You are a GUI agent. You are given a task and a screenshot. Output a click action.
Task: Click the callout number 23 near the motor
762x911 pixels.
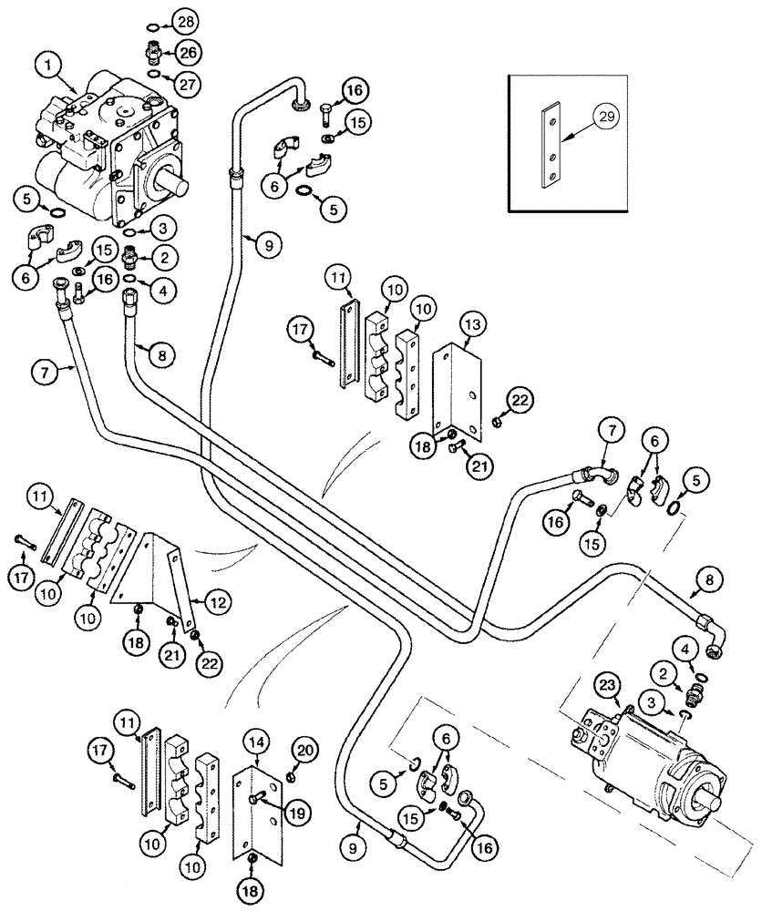click(607, 685)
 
